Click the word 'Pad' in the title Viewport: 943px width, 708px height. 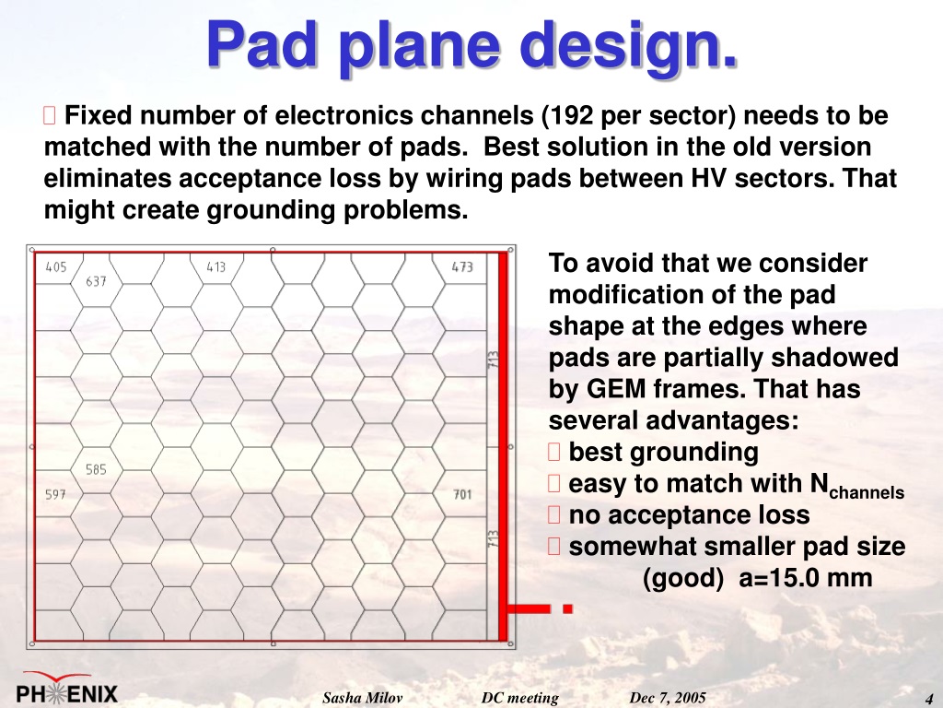tap(262, 44)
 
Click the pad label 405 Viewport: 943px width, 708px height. tap(56, 266)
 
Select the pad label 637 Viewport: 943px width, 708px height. tap(96, 281)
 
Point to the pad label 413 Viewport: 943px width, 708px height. tap(215, 266)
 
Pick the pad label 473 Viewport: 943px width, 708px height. tap(462, 266)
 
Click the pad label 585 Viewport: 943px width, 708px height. tap(96, 469)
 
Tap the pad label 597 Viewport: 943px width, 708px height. tap(55, 494)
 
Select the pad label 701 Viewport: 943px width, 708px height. tap(462, 494)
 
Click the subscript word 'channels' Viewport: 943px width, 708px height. tap(867, 493)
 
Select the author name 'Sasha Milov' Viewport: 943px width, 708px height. tap(362, 698)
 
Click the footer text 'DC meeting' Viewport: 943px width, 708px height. tap(519, 698)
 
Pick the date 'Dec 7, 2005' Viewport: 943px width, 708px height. tap(668, 698)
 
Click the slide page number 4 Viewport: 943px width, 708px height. tap(928, 699)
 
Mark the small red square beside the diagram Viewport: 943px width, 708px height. tap(567, 608)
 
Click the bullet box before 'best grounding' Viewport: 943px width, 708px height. tap(553, 452)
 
